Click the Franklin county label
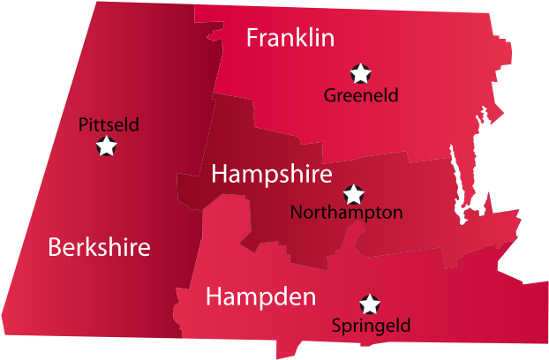coord(290,38)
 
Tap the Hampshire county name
coord(271,174)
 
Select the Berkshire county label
coord(99,247)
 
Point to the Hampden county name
coord(260,297)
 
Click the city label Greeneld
coord(361,95)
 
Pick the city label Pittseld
coord(109,124)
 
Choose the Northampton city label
coord(346,213)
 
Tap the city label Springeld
coord(371,326)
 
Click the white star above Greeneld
coord(360,73)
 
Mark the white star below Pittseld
coord(107,146)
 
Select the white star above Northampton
coord(353,193)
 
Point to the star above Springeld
coord(370,304)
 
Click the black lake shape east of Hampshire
coord(460,190)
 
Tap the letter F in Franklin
coord(252,38)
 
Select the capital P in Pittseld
coord(83,124)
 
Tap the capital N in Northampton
coord(296,213)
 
